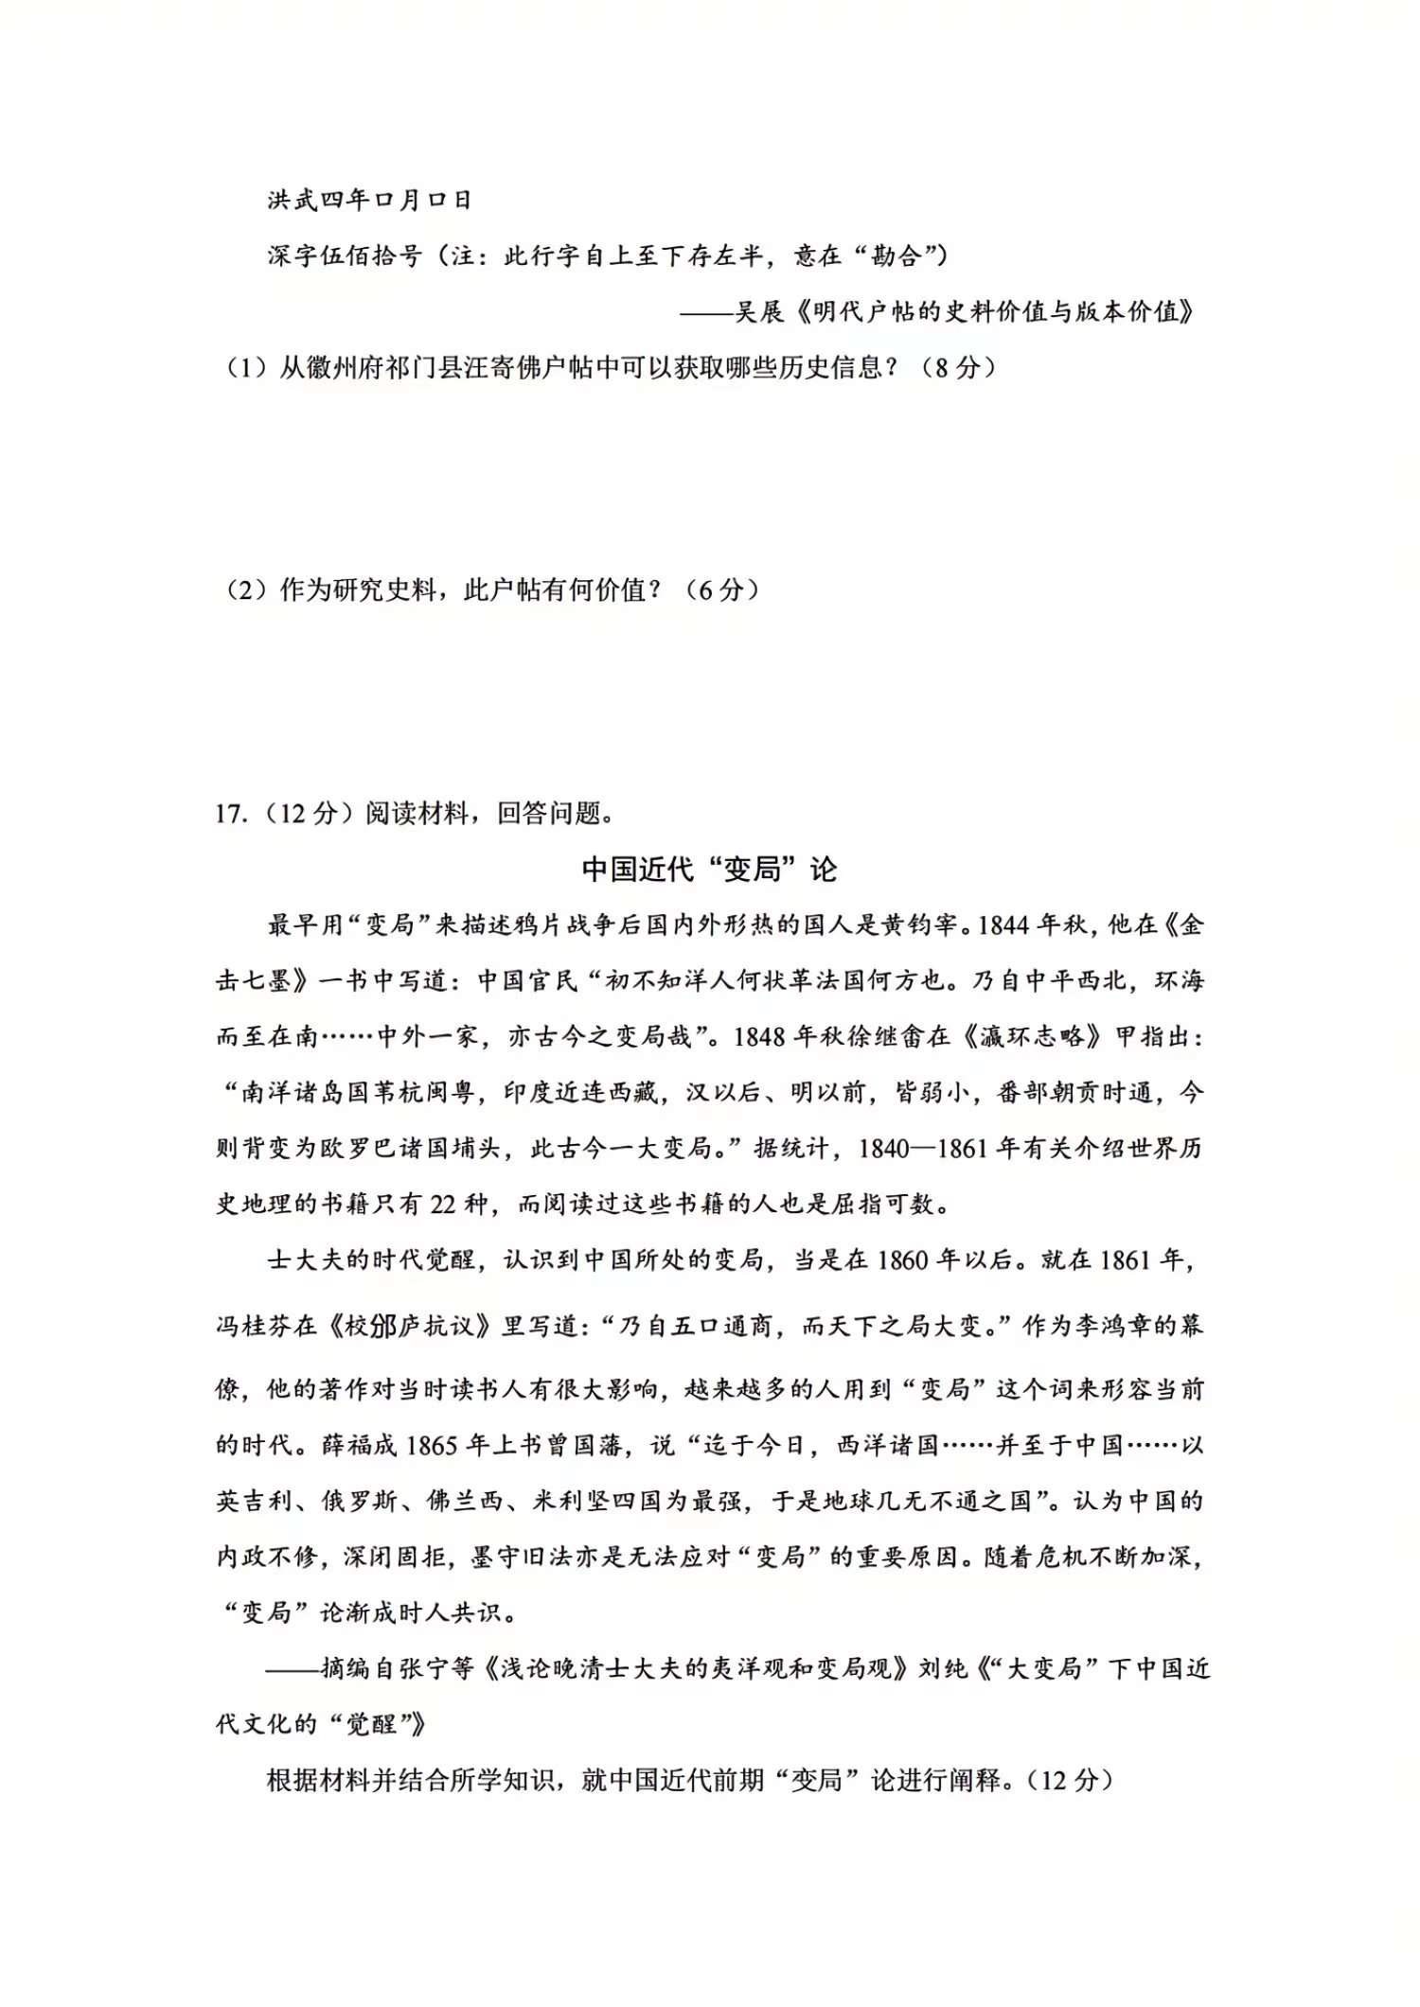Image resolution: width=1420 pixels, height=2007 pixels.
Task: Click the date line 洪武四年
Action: click(x=369, y=200)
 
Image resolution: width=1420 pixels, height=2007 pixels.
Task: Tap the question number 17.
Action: click(x=230, y=813)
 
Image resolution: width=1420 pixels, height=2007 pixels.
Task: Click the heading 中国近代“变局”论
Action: click(x=709, y=870)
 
